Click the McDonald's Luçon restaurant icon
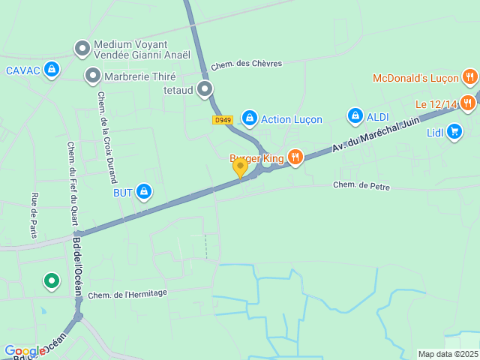(469, 76)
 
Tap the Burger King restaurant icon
(295, 157)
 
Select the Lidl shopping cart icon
(454, 132)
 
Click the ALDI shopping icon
(355, 116)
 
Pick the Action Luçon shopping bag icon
(250, 118)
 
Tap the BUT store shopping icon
(144, 193)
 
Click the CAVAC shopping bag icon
(51, 70)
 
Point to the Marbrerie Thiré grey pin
(92, 76)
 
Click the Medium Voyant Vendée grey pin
(82, 49)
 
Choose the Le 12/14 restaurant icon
(469, 103)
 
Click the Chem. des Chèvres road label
(246, 64)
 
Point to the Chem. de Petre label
(361, 186)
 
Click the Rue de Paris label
(34, 215)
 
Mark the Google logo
(25, 351)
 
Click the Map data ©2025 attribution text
(447, 354)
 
